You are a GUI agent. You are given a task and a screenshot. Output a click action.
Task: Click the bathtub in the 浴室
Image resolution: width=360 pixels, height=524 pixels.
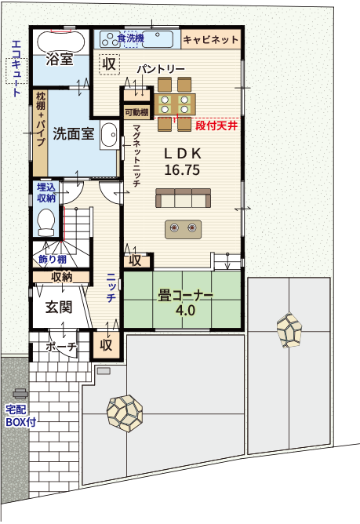pyautogui.click(x=60, y=42)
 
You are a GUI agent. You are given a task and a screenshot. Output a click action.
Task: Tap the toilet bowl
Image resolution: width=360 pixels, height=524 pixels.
pyautogui.click(x=45, y=222)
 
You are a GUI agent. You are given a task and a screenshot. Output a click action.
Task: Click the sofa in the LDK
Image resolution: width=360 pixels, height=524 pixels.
pyautogui.click(x=184, y=198)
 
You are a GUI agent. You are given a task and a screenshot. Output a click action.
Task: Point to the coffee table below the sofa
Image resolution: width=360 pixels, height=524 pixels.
pyautogui.click(x=184, y=229)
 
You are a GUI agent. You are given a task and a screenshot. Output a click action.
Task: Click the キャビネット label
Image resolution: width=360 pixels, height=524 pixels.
pyautogui.click(x=210, y=40)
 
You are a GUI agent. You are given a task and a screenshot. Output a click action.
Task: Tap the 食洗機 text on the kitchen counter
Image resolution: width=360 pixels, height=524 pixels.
pyautogui.click(x=131, y=38)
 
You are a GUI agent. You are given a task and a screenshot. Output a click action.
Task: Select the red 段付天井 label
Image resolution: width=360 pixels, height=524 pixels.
pyautogui.click(x=216, y=126)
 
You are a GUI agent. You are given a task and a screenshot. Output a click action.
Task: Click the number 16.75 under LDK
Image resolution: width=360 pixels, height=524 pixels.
pyautogui.click(x=182, y=169)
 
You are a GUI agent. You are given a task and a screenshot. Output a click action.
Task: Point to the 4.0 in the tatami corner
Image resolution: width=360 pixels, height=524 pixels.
pyautogui.click(x=185, y=311)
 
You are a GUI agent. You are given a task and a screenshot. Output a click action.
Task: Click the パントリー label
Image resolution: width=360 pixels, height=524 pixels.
pyautogui.click(x=161, y=69)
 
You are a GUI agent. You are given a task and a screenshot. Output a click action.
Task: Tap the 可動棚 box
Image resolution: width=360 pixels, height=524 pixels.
pyautogui.click(x=136, y=112)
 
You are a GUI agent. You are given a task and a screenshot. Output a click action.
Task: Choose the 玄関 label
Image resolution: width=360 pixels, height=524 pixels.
pyautogui.click(x=59, y=307)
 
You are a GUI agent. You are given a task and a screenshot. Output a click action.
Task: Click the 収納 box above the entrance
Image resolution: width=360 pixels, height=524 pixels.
pyautogui.click(x=61, y=277)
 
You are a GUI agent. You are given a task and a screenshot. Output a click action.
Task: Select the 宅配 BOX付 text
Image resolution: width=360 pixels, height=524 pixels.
pyautogui.click(x=20, y=416)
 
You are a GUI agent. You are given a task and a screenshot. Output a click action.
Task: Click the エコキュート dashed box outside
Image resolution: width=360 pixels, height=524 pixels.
pyautogui.click(x=16, y=71)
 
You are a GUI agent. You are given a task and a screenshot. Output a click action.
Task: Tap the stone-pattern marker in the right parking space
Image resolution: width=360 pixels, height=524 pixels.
pyautogui.click(x=289, y=329)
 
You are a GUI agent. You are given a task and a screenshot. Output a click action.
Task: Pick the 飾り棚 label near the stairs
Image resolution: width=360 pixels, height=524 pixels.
pyautogui.click(x=53, y=259)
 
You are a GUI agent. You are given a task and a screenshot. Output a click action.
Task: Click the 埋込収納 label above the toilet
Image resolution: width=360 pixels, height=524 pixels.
pyautogui.click(x=46, y=192)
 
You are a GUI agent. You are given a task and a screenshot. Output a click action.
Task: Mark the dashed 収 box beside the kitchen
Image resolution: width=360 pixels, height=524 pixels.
pyautogui.click(x=109, y=64)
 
